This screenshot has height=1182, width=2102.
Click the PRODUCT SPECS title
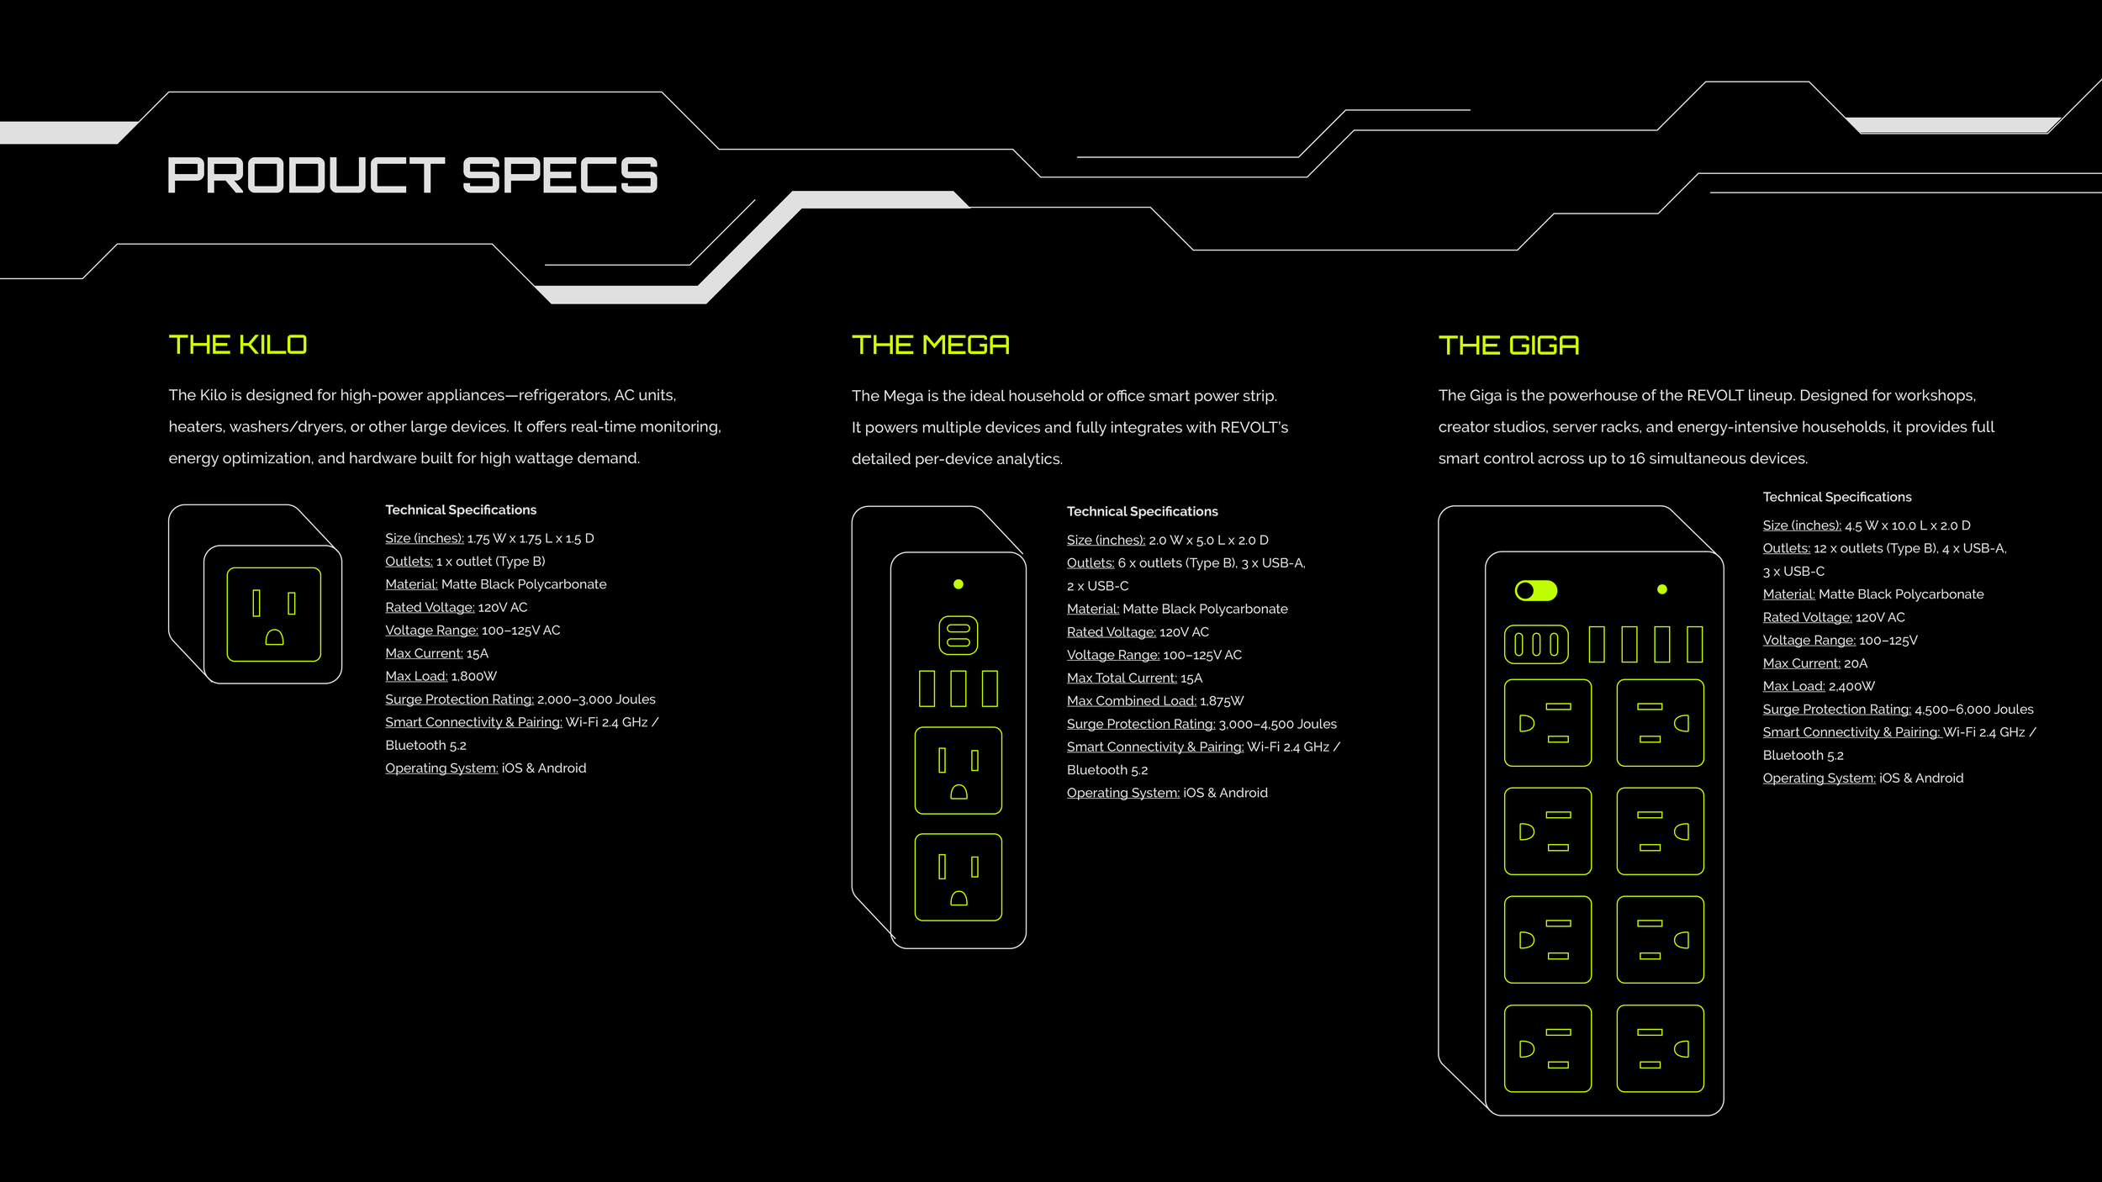pyautogui.click(x=412, y=175)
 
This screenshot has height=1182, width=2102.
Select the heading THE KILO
pyautogui.click(x=238, y=345)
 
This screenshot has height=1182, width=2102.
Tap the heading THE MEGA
pyautogui.click(x=930, y=345)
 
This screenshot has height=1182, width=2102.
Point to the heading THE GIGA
pyautogui.click(x=1508, y=346)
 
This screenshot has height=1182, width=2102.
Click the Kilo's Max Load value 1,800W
pyautogui.click(x=474, y=676)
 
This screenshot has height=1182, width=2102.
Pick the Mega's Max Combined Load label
pyautogui.click(x=1131, y=701)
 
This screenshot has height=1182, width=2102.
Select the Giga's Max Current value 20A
pyautogui.click(x=1856, y=663)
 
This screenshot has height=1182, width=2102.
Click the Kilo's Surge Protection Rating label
pyautogui.click(x=459, y=699)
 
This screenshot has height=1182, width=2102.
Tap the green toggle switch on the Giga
pyautogui.click(x=1535, y=591)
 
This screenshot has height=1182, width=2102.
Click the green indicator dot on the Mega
pyautogui.click(x=959, y=584)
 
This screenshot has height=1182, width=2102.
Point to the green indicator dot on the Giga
pyautogui.click(x=1662, y=589)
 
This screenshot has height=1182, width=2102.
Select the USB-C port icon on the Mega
pyautogui.click(x=959, y=635)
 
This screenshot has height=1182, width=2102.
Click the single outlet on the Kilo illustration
pyautogui.click(x=274, y=615)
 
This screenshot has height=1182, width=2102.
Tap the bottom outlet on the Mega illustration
pyautogui.click(x=959, y=878)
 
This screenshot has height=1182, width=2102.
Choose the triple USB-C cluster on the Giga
pyautogui.click(x=1536, y=645)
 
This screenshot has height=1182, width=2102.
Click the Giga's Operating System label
pyautogui.click(x=1819, y=778)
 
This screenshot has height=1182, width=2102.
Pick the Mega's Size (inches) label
pyautogui.click(x=1106, y=540)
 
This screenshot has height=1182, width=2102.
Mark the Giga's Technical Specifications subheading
pyautogui.click(x=1837, y=497)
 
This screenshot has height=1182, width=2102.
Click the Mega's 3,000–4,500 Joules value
pyautogui.click(x=1277, y=724)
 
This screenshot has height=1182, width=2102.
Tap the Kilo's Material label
pyautogui.click(x=411, y=584)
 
